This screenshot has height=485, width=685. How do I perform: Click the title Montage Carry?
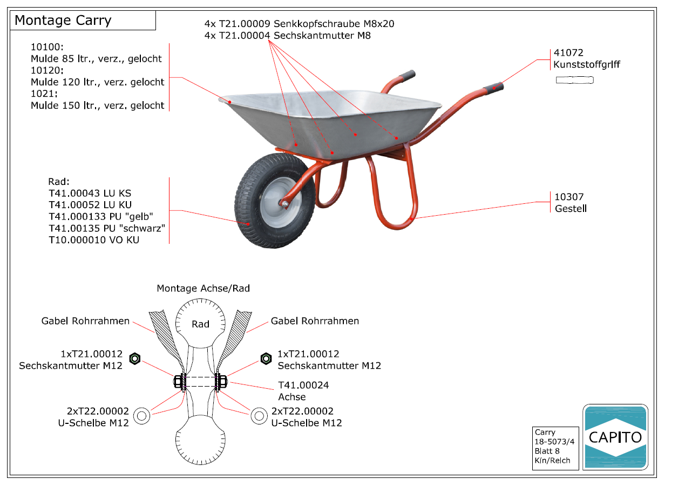pos(63,21)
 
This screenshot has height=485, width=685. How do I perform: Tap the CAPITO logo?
pos(615,437)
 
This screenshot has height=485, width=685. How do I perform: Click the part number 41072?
pos(568,53)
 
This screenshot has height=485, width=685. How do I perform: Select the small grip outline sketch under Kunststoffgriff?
pos(575,81)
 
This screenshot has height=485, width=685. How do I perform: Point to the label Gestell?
pos(571,209)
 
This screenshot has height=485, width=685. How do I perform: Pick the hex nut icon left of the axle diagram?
pos(135,358)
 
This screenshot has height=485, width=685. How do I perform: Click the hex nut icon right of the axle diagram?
pos(266,358)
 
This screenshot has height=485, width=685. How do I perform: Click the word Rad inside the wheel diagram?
pos(200,324)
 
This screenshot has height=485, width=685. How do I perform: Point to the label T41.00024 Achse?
pos(303,391)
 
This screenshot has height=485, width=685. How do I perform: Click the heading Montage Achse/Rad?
pos(203,289)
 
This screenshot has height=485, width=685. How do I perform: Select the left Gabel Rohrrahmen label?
pos(85,321)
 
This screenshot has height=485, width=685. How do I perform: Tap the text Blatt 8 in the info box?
pos(547,451)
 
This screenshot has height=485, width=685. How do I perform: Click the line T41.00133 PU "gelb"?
pos(101,216)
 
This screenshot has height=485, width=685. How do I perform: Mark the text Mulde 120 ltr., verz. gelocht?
pos(98,82)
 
